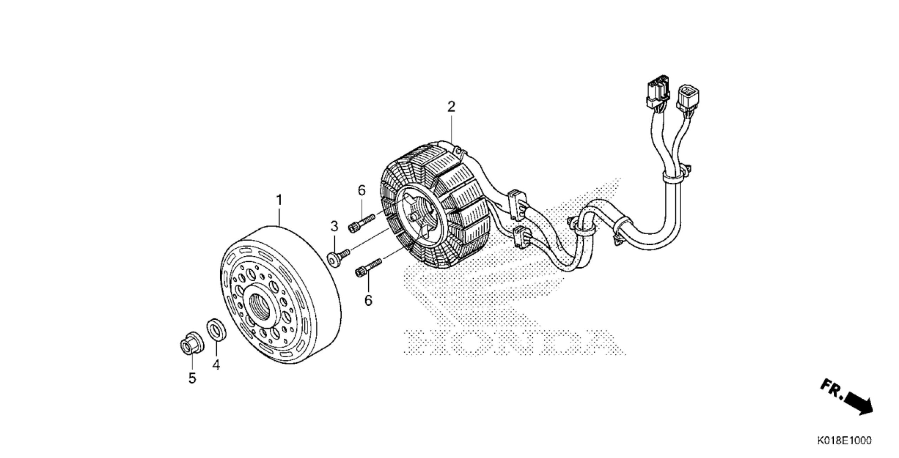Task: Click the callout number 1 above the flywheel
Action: (x=279, y=200)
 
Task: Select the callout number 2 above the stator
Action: (x=451, y=107)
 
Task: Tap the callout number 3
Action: (x=334, y=227)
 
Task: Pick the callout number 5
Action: (x=192, y=378)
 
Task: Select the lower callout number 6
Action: (x=368, y=300)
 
